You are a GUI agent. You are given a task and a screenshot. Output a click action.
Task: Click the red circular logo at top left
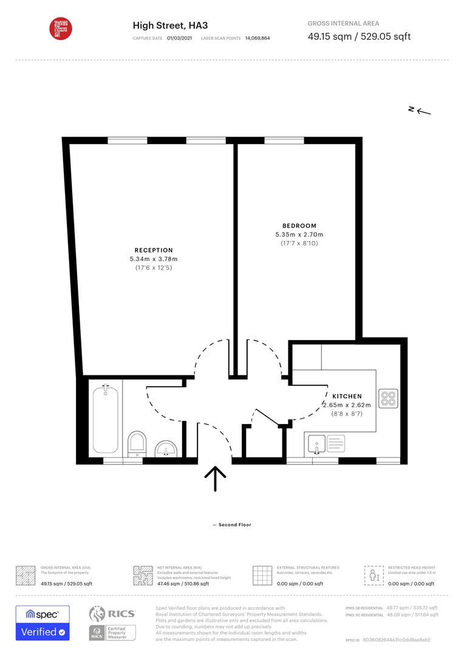pos(60,28)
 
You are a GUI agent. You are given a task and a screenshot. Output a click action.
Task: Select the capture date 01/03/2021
pos(180,38)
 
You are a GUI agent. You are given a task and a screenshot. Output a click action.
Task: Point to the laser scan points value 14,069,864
pos(258,38)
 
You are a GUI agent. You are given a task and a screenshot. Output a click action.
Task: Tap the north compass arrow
pos(420,110)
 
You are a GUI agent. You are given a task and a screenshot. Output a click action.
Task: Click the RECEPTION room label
pos(154,250)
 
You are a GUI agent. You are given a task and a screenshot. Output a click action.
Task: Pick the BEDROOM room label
pos(299,226)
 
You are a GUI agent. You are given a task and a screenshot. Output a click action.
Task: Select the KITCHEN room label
pos(347,396)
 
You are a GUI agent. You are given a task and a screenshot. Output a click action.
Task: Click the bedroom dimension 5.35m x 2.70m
pos(299,234)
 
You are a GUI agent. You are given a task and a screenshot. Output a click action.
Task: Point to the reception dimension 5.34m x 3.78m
pos(154,259)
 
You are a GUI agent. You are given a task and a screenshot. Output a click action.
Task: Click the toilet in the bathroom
pos(138,443)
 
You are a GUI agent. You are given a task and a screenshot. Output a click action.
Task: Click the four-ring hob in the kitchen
pos(387,398)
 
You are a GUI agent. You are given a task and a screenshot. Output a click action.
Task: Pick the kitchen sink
pos(317,443)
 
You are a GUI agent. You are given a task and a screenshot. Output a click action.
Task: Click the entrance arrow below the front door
pos(215,479)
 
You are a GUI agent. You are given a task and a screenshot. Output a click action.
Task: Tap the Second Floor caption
pos(231,525)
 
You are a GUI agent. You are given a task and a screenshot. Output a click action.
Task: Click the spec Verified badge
pos(43,623)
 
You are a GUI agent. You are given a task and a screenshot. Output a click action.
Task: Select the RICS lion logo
pos(98,614)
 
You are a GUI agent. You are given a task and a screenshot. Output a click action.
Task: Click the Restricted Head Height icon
pos(372,575)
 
